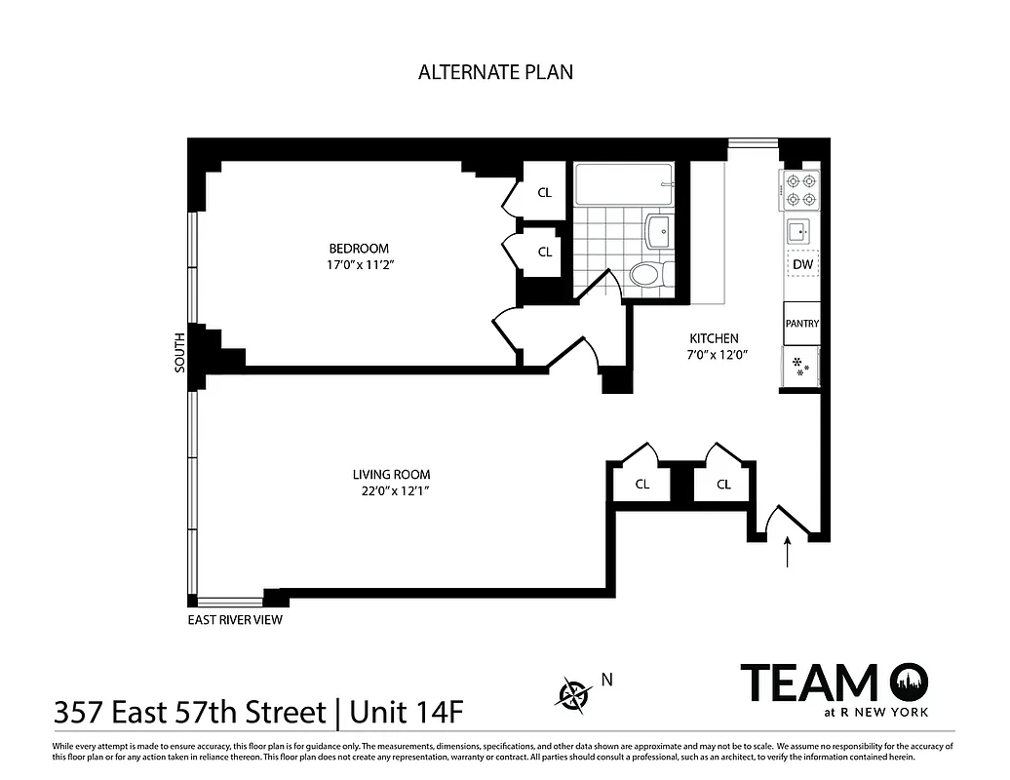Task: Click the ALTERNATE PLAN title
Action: coord(495,72)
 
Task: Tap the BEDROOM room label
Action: coord(359,249)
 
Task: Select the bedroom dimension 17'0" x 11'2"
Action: coord(359,265)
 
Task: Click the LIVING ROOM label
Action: coord(391,475)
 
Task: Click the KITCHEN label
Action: coord(714,338)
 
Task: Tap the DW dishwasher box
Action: coord(802,264)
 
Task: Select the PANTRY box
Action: coord(801,325)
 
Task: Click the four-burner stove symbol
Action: coord(800,189)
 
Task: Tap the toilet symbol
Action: coord(646,274)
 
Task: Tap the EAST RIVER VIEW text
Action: coord(235,620)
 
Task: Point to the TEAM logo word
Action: coord(809,682)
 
